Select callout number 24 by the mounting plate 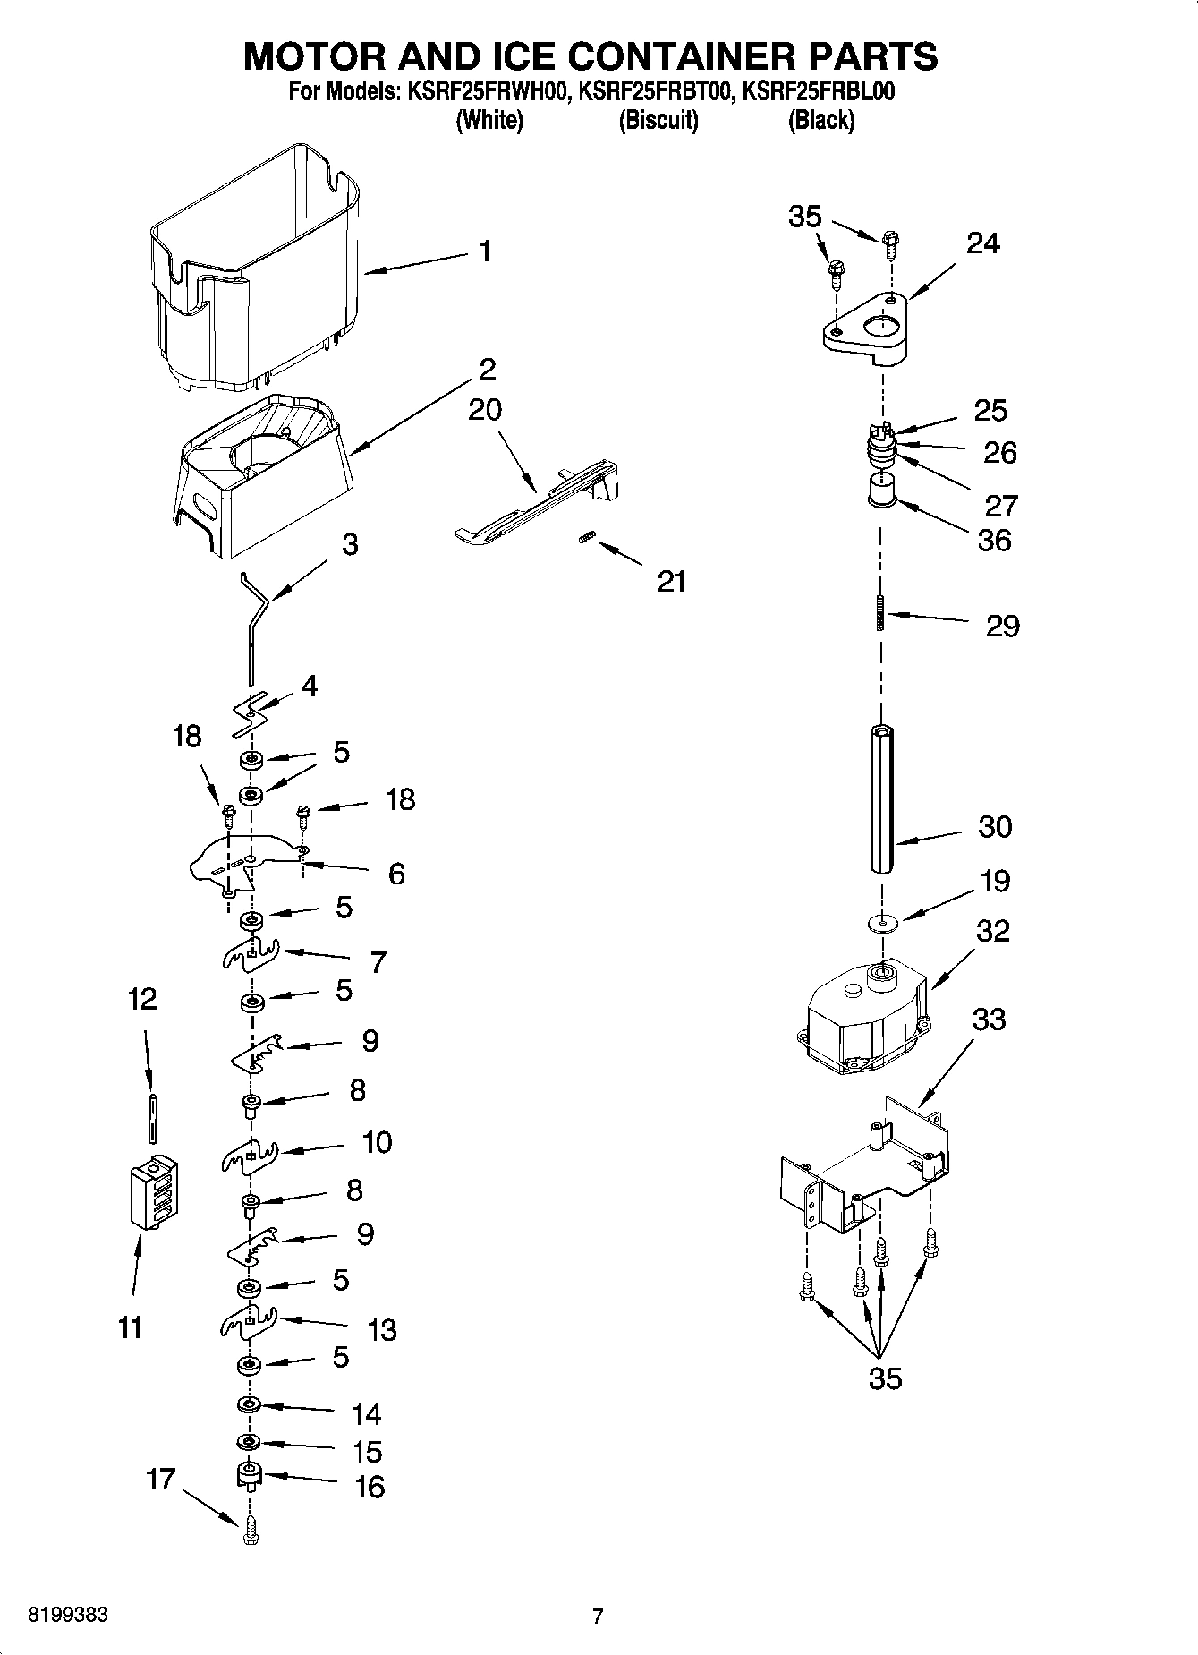(982, 243)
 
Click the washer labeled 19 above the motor (883, 923)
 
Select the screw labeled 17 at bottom (251, 1537)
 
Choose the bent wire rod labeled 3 (254, 627)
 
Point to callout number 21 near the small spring (671, 582)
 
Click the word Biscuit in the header (658, 121)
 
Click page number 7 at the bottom (598, 1616)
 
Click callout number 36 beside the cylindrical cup (994, 540)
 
